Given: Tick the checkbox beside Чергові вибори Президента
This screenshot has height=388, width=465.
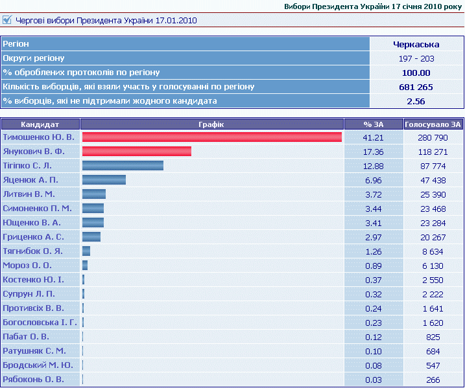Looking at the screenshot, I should pyautogui.click(x=7, y=20).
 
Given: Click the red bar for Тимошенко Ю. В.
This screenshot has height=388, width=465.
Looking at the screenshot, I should pyautogui.click(x=211, y=137).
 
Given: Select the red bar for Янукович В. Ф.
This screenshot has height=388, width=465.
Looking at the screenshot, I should pyautogui.click(x=136, y=152).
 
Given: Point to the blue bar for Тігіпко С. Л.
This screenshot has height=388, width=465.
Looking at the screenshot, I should pyautogui.click(x=123, y=166).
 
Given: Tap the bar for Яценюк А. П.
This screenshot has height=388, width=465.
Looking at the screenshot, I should pyautogui.click(x=104, y=180).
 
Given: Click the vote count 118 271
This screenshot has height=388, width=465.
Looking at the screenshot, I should pyautogui.click(x=433, y=152).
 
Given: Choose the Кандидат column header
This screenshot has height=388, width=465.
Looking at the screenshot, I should pyautogui.click(x=40, y=124).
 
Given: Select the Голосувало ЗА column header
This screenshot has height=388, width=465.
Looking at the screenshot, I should pyautogui.click(x=433, y=124).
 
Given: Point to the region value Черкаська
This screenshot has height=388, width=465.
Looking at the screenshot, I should pyautogui.click(x=416, y=45).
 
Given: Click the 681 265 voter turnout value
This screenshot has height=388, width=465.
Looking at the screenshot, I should pyautogui.click(x=416, y=87).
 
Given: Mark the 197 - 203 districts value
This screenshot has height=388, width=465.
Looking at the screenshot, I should pyautogui.click(x=416, y=59).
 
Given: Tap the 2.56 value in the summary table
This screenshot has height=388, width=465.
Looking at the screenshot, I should pyautogui.click(x=416, y=101).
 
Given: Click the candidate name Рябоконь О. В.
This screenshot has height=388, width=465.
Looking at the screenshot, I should pyautogui.click(x=33, y=379).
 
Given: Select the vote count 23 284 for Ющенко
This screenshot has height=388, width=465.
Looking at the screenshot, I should pyautogui.click(x=433, y=222).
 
